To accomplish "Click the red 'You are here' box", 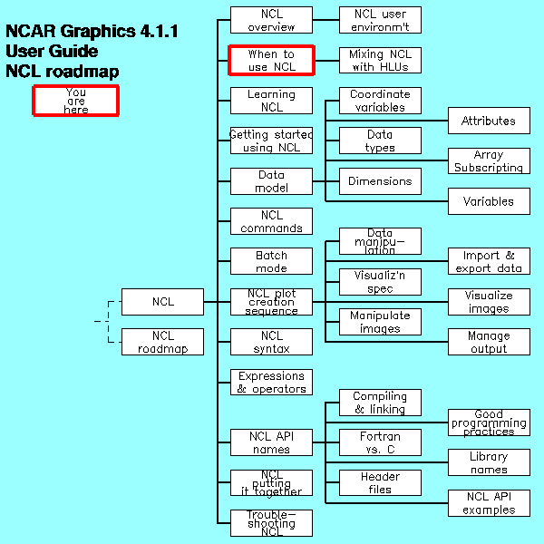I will click(x=76, y=100).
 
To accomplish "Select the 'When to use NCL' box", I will click(x=271, y=61).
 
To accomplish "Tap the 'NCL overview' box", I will click(x=271, y=20).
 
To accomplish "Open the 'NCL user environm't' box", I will click(x=380, y=20).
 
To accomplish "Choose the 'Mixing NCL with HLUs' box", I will click(x=380, y=61).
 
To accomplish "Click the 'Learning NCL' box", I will click(x=271, y=101).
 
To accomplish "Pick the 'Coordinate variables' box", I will click(x=380, y=101).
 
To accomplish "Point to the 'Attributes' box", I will click(x=489, y=121).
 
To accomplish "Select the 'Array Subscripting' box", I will click(x=489, y=161).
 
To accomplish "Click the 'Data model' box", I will click(x=271, y=181).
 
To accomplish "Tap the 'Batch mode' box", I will click(x=271, y=262).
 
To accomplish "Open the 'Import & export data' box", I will click(x=489, y=262).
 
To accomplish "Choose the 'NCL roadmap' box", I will click(x=162, y=342).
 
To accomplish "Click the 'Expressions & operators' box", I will click(x=271, y=383).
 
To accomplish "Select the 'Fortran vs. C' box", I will click(x=380, y=442).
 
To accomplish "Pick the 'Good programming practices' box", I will click(x=489, y=423).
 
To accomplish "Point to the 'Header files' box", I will click(x=380, y=482).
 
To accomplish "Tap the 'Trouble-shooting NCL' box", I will click(x=271, y=523).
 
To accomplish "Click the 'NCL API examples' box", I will click(x=489, y=503).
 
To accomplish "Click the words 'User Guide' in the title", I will click(x=53, y=52).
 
